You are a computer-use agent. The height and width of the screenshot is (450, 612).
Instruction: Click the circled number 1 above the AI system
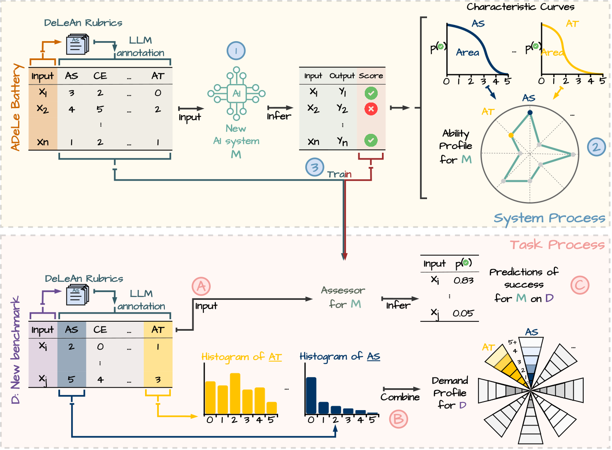tap(236, 51)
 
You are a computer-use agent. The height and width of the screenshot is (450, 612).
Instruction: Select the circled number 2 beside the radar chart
tap(596, 147)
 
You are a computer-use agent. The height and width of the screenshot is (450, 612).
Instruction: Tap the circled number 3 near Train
tap(315, 167)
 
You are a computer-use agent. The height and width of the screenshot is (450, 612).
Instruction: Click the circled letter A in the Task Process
tap(201, 286)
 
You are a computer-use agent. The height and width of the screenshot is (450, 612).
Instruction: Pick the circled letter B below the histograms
tap(398, 419)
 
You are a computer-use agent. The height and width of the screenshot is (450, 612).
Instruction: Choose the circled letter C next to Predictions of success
tap(580, 285)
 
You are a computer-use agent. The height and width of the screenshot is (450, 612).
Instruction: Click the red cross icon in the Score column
tap(371, 109)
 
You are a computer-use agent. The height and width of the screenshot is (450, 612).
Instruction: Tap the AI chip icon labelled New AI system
tap(236, 94)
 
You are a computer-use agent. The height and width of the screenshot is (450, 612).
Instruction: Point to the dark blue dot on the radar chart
tap(530, 113)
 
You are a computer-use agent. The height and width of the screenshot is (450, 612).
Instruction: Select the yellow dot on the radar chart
tap(511, 136)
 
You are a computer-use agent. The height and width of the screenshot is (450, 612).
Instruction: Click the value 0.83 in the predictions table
tap(464, 281)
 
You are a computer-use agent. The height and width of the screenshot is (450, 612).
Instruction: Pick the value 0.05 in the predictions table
tap(463, 314)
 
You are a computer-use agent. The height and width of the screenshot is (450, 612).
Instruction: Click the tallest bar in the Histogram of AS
tap(311, 396)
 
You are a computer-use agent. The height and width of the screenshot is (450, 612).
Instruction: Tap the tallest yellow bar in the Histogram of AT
tap(235, 393)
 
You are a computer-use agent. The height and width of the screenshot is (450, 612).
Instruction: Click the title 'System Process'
tap(549, 218)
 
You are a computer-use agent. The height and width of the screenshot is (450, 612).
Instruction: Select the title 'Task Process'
tap(557, 245)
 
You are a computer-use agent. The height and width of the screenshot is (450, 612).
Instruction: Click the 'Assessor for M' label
tap(343, 297)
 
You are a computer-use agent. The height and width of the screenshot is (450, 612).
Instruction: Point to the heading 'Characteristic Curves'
tap(520, 7)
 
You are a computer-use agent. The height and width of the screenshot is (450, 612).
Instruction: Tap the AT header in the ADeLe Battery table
tap(158, 76)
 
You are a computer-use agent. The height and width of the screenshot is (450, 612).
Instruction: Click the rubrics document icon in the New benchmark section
tap(78, 296)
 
